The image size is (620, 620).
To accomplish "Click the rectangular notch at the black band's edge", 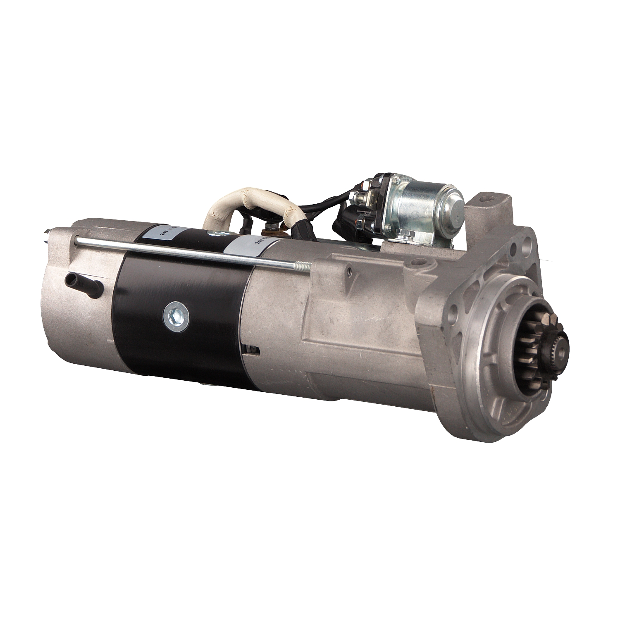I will tap(252, 350).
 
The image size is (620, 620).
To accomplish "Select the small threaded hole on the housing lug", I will tap(348, 270).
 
